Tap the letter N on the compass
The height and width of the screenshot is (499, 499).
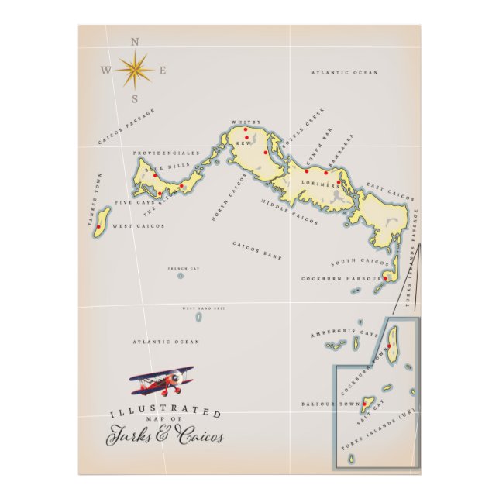coord(136,43)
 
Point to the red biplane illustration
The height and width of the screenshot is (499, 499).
coord(161,380)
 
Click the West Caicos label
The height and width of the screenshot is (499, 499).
coord(139,226)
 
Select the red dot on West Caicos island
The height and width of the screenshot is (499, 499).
coord(99,228)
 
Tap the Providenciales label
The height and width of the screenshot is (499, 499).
coord(166,153)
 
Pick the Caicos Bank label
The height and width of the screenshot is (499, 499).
coord(257,250)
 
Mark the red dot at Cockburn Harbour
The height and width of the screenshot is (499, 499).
coord(384,277)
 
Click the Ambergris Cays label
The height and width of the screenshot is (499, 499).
coord(345,333)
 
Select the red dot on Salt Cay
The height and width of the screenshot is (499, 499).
coord(365,403)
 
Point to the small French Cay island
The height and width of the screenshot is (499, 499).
coord(180,275)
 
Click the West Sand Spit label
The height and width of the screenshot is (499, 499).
coord(204,308)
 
